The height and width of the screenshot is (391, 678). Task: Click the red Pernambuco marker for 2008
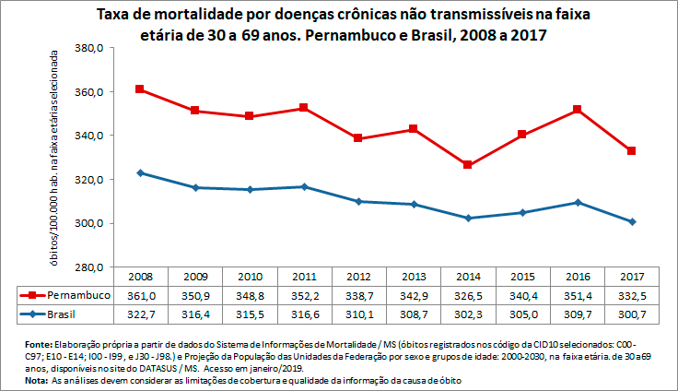[x=139, y=89]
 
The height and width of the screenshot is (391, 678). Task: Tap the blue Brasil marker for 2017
[x=632, y=222]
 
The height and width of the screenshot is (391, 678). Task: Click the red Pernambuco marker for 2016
[x=577, y=110]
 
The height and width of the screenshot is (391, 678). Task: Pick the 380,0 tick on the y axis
[x=85, y=48]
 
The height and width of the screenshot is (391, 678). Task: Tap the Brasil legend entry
[x=64, y=314]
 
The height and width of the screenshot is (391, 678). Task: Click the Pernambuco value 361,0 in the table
[x=139, y=295]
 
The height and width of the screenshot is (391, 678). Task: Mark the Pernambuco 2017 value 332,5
[x=632, y=295]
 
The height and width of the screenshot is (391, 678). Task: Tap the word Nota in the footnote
[x=36, y=380]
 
